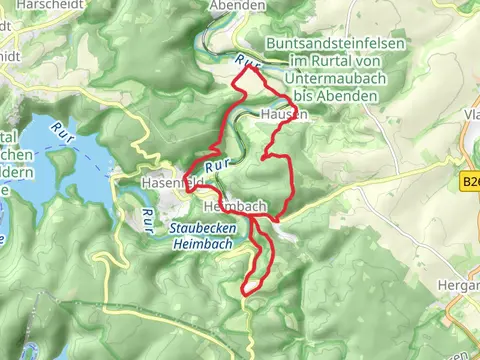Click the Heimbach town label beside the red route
pos(234,205)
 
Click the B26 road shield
pos(470,183)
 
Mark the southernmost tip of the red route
pos(245,292)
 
